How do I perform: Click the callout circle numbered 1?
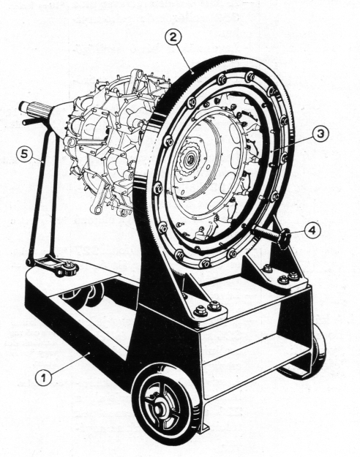[43, 378]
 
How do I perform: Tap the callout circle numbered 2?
[173, 37]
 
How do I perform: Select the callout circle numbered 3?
[320, 134]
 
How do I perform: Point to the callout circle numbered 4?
[312, 230]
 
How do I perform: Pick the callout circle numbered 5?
[24, 154]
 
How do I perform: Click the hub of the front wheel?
[158, 409]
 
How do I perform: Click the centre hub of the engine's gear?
[190, 159]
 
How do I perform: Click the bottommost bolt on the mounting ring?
[205, 263]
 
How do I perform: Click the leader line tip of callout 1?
[89, 353]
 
